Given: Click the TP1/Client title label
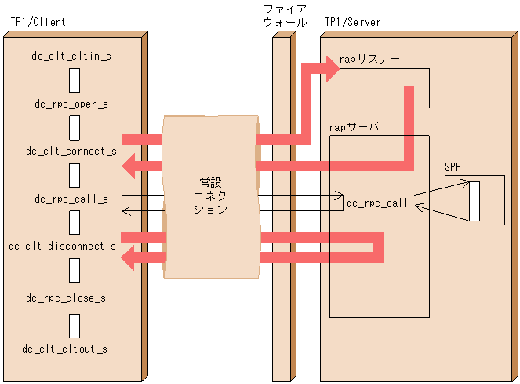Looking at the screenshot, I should pyautogui.click(x=38, y=23).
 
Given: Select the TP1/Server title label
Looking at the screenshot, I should pyautogui.click(x=352, y=23).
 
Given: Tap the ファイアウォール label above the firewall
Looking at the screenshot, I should pyautogui.click(x=285, y=16).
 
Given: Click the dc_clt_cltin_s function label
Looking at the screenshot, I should pyautogui.click(x=71, y=57).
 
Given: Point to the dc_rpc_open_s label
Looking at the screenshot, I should pyautogui.click(x=71, y=104).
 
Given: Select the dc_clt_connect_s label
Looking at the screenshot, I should pyautogui.click(x=71, y=151).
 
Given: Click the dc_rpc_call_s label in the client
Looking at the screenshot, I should pyautogui.click(x=71, y=199).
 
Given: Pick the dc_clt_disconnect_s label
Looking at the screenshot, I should pyautogui.click(x=63, y=247).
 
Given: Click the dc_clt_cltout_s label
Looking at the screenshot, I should pyautogui.click(x=65, y=349).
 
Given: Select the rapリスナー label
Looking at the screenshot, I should pyautogui.click(x=369, y=60).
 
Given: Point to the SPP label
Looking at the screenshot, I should pyautogui.click(x=453, y=166).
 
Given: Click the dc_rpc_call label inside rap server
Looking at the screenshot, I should pyautogui.click(x=377, y=203).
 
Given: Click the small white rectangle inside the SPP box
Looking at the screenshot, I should pyautogui.click(x=474, y=201).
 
